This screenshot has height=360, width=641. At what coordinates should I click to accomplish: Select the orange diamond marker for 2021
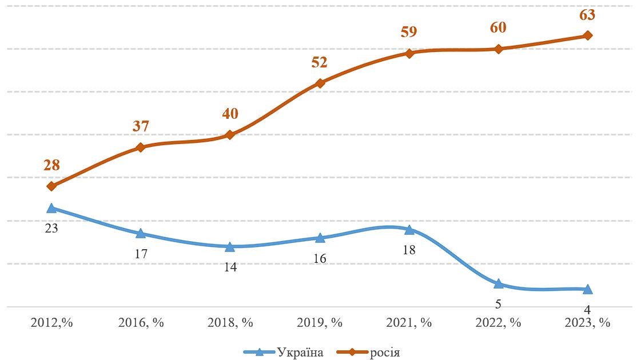409,53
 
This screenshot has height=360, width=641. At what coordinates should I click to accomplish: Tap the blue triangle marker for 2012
51,209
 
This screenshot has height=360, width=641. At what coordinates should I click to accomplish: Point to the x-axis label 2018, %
230,322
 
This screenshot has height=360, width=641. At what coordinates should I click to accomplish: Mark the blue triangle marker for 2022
498,284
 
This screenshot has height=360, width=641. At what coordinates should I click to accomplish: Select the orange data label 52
319,62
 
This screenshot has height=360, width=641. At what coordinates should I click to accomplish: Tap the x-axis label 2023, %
587,322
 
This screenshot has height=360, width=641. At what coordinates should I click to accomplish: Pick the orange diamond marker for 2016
141,147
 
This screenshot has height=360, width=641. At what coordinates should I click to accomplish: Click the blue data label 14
230,266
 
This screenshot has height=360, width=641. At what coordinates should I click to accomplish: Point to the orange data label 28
51,166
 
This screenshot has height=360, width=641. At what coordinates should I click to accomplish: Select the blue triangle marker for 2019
320,238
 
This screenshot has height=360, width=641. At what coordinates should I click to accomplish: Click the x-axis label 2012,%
51,322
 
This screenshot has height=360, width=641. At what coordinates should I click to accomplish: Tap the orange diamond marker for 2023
587,35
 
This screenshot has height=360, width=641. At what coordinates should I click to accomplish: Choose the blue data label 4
587,310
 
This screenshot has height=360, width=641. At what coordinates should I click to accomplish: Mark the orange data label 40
230,114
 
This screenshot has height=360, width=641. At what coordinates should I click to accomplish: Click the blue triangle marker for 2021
409,230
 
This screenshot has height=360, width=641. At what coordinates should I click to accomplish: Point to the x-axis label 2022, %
498,322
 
